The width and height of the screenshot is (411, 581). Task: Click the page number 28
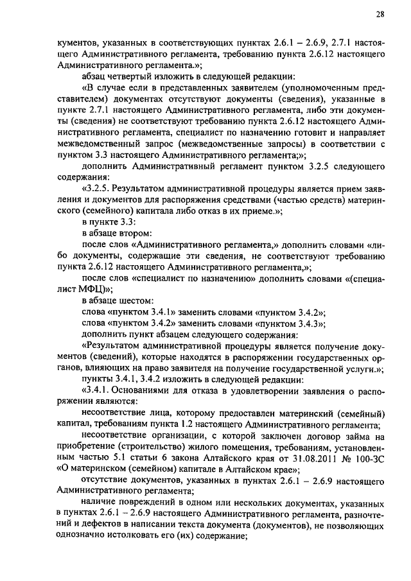[x=380, y=14]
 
